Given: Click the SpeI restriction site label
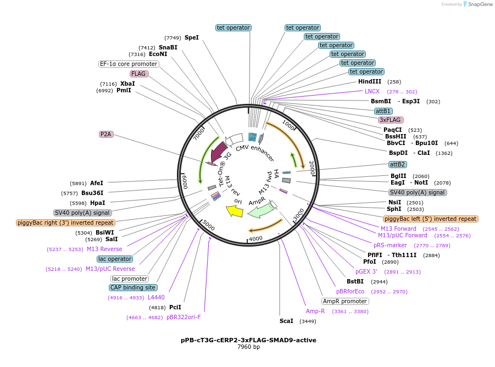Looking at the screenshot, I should pos(191,37).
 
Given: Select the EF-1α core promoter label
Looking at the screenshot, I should pos(129,64).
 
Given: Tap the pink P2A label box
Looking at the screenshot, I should pos(105,134).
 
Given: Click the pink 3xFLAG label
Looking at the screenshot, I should pos(391,120).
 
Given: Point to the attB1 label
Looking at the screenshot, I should pos(383,111).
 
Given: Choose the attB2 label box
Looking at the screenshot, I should pos(397,164).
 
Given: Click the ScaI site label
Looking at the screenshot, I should pos(286,321).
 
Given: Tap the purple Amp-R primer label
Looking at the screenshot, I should pos(315,311).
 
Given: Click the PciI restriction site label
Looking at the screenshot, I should pos(175,307).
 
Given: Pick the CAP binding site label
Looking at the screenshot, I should pos(133,287).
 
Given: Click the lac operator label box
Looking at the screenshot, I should pos(115,259).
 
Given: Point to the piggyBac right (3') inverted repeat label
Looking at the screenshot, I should pos(66,223).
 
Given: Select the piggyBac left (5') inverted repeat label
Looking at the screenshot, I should pos(431,219).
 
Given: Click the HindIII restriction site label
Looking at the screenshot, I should pos(370,81).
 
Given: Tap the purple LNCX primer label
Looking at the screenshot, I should pos(372,91).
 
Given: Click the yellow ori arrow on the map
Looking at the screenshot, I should pos(234,210).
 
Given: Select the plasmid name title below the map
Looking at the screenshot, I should pos(248,340).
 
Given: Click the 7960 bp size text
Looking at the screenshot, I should pos(248,347).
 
